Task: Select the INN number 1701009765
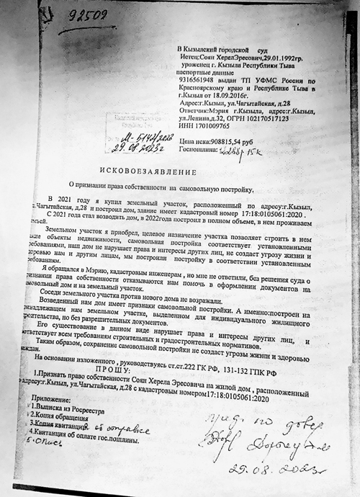218,127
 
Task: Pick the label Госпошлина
204,151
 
